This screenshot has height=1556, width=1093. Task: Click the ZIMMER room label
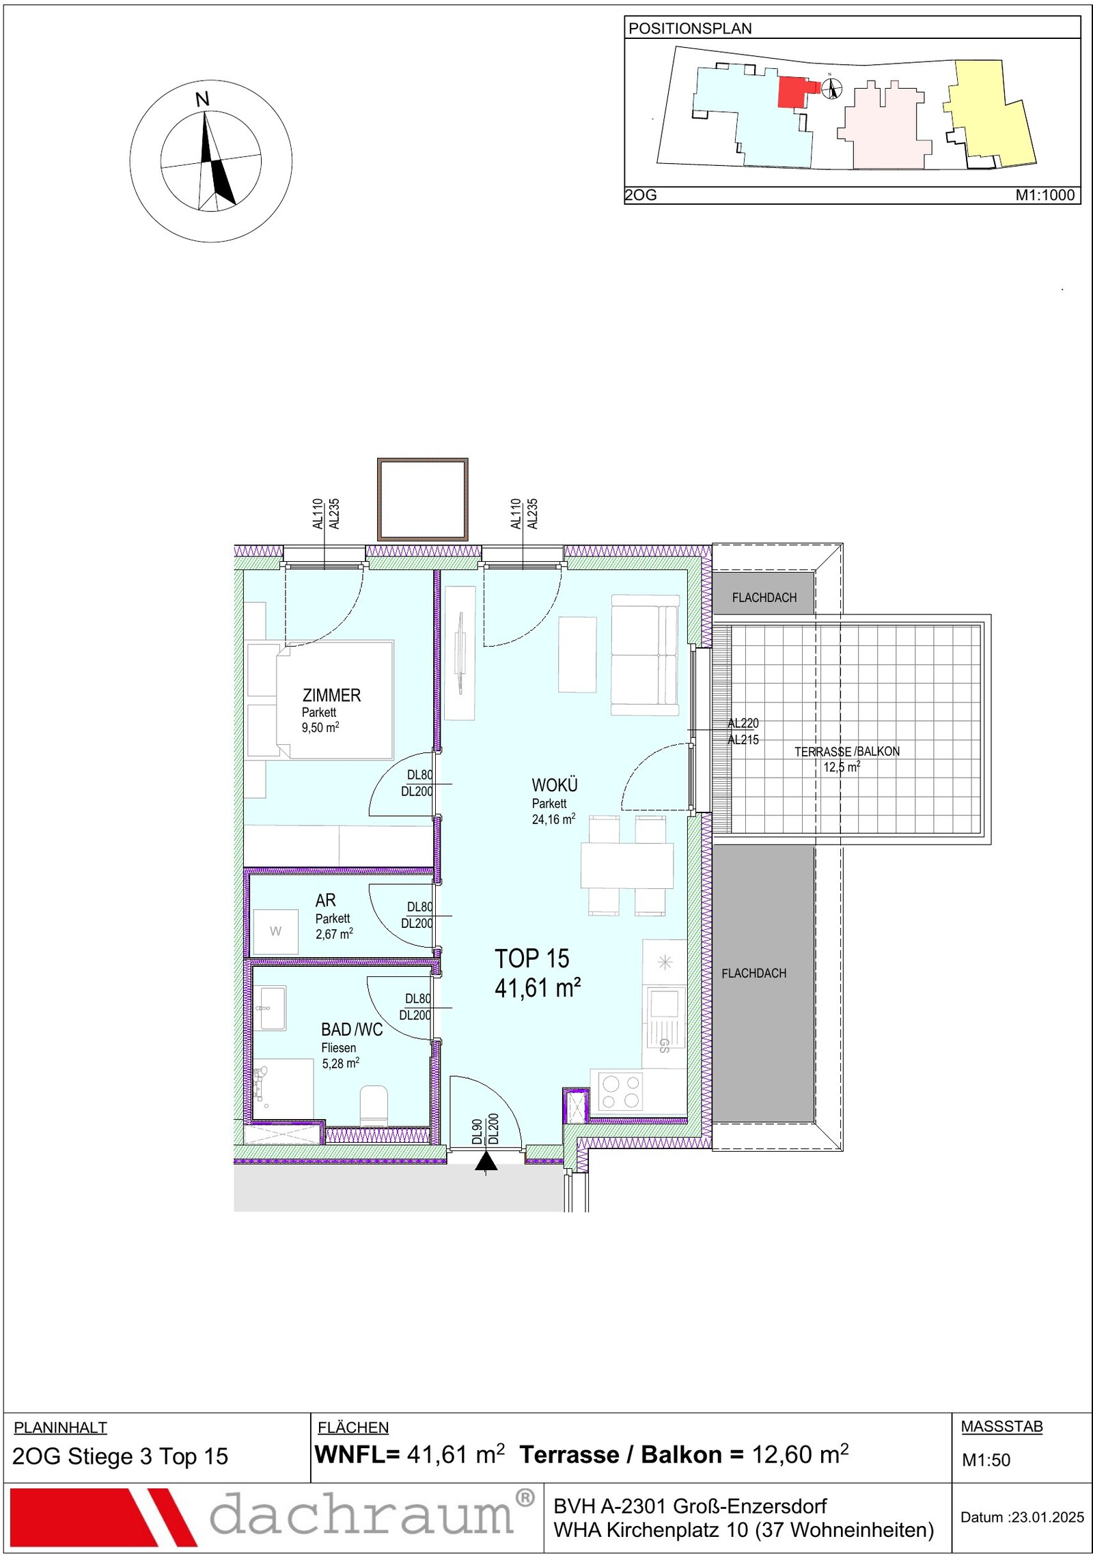point(331,695)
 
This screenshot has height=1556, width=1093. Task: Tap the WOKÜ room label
point(555,785)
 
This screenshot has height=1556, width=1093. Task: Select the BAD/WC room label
point(352,1029)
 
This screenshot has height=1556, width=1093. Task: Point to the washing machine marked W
point(275,931)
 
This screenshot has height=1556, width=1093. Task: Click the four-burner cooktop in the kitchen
point(621,1091)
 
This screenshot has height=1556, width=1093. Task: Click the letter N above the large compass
point(202,100)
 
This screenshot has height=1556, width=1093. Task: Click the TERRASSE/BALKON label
point(846,751)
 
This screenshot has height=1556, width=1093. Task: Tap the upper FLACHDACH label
point(764,597)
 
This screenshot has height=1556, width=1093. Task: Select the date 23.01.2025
point(1048,1517)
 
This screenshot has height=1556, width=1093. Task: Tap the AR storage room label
point(325,901)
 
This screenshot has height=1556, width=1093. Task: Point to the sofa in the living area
point(645,655)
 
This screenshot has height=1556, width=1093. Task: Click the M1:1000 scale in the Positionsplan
point(1045,195)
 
